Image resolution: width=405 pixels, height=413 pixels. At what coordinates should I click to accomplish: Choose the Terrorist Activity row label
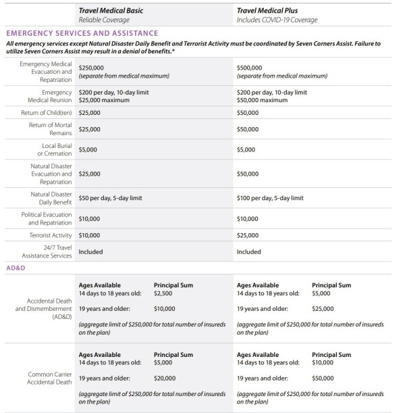(x=49, y=235)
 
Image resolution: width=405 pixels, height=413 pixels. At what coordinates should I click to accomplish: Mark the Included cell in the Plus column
(x=249, y=251)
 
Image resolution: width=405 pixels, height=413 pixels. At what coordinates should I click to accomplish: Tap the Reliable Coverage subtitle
(x=103, y=20)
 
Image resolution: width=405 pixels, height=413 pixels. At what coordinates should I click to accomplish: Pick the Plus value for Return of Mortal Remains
(x=249, y=128)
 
